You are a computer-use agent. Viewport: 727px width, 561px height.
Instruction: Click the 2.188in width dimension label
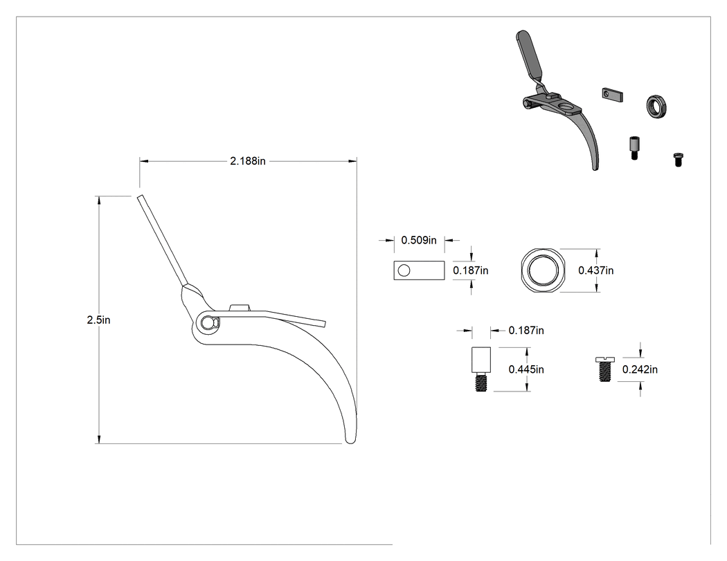coord(248,161)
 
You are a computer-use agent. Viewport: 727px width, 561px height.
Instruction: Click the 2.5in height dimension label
coord(98,320)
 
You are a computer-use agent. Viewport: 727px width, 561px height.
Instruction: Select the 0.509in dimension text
coord(419,240)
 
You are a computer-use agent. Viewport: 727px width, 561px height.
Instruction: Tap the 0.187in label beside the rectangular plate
coord(471,270)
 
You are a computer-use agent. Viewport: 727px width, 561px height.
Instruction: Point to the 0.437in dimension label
coord(595,270)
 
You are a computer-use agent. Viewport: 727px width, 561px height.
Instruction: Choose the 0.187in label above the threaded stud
coord(526,330)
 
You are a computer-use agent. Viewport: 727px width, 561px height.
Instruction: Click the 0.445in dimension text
coord(526,369)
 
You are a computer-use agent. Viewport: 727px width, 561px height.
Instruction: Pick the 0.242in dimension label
coord(640,369)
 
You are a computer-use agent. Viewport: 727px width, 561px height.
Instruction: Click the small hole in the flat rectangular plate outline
coord(404,270)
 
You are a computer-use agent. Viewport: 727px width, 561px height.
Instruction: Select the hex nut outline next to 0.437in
coord(541,270)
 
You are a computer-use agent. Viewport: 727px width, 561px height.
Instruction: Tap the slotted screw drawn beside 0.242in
coord(604,369)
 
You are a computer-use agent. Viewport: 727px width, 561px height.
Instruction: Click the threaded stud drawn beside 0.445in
coord(481,369)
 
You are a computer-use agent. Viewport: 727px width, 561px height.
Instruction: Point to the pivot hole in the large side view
coord(208,323)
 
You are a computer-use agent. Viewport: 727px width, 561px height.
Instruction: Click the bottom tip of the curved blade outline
coord(350,442)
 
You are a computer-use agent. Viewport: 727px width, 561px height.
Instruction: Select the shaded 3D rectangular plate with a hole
coord(613,94)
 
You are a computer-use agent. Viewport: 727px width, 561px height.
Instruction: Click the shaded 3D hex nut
coord(656,107)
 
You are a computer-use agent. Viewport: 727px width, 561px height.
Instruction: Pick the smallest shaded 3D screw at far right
coord(678,160)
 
